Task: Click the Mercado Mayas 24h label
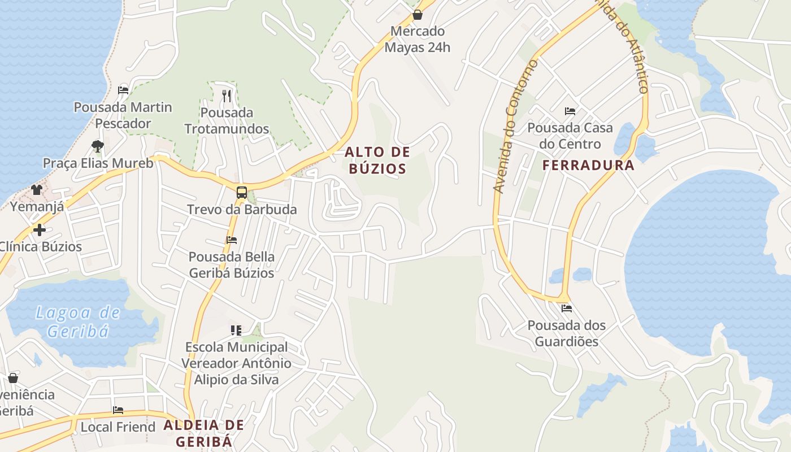pyautogui.click(x=418, y=40)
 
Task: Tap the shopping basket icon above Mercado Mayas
pyautogui.click(x=418, y=15)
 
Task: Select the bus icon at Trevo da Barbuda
pyautogui.click(x=242, y=193)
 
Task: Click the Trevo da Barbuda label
pyautogui.click(x=242, y=210)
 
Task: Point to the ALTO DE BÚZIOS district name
pyautogui.click(x=377, y=160)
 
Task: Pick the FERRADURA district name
pyautogui.click(x=588, y=166)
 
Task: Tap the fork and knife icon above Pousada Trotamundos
pyautogui.click(x=227, y=96)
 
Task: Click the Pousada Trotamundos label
pyautogui.click(x=227, y=121)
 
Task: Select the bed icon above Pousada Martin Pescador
pyautogui.click(x=123, y=90)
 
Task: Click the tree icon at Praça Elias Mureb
pyautogui.click(x=98, y=146)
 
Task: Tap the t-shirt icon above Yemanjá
pyautogui.click(x=37, y=189)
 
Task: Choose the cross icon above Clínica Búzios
pyautogui.click(x=39, y=230)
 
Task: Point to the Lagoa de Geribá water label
pyautogui.click(x=78, y=321)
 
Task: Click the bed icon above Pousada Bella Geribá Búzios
pyautogui.click(x=232, y=240)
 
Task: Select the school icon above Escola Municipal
pyautogui.click(x=236, y=330)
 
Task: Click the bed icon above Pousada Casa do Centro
pyautogui.click(x=570, y=111)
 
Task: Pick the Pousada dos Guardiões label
pyautogui.click(x=567, y=333)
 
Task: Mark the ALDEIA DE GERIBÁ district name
pyautogui.click(x=204, y=433)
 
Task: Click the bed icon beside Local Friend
pyautogui.click(x=118, y=410)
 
